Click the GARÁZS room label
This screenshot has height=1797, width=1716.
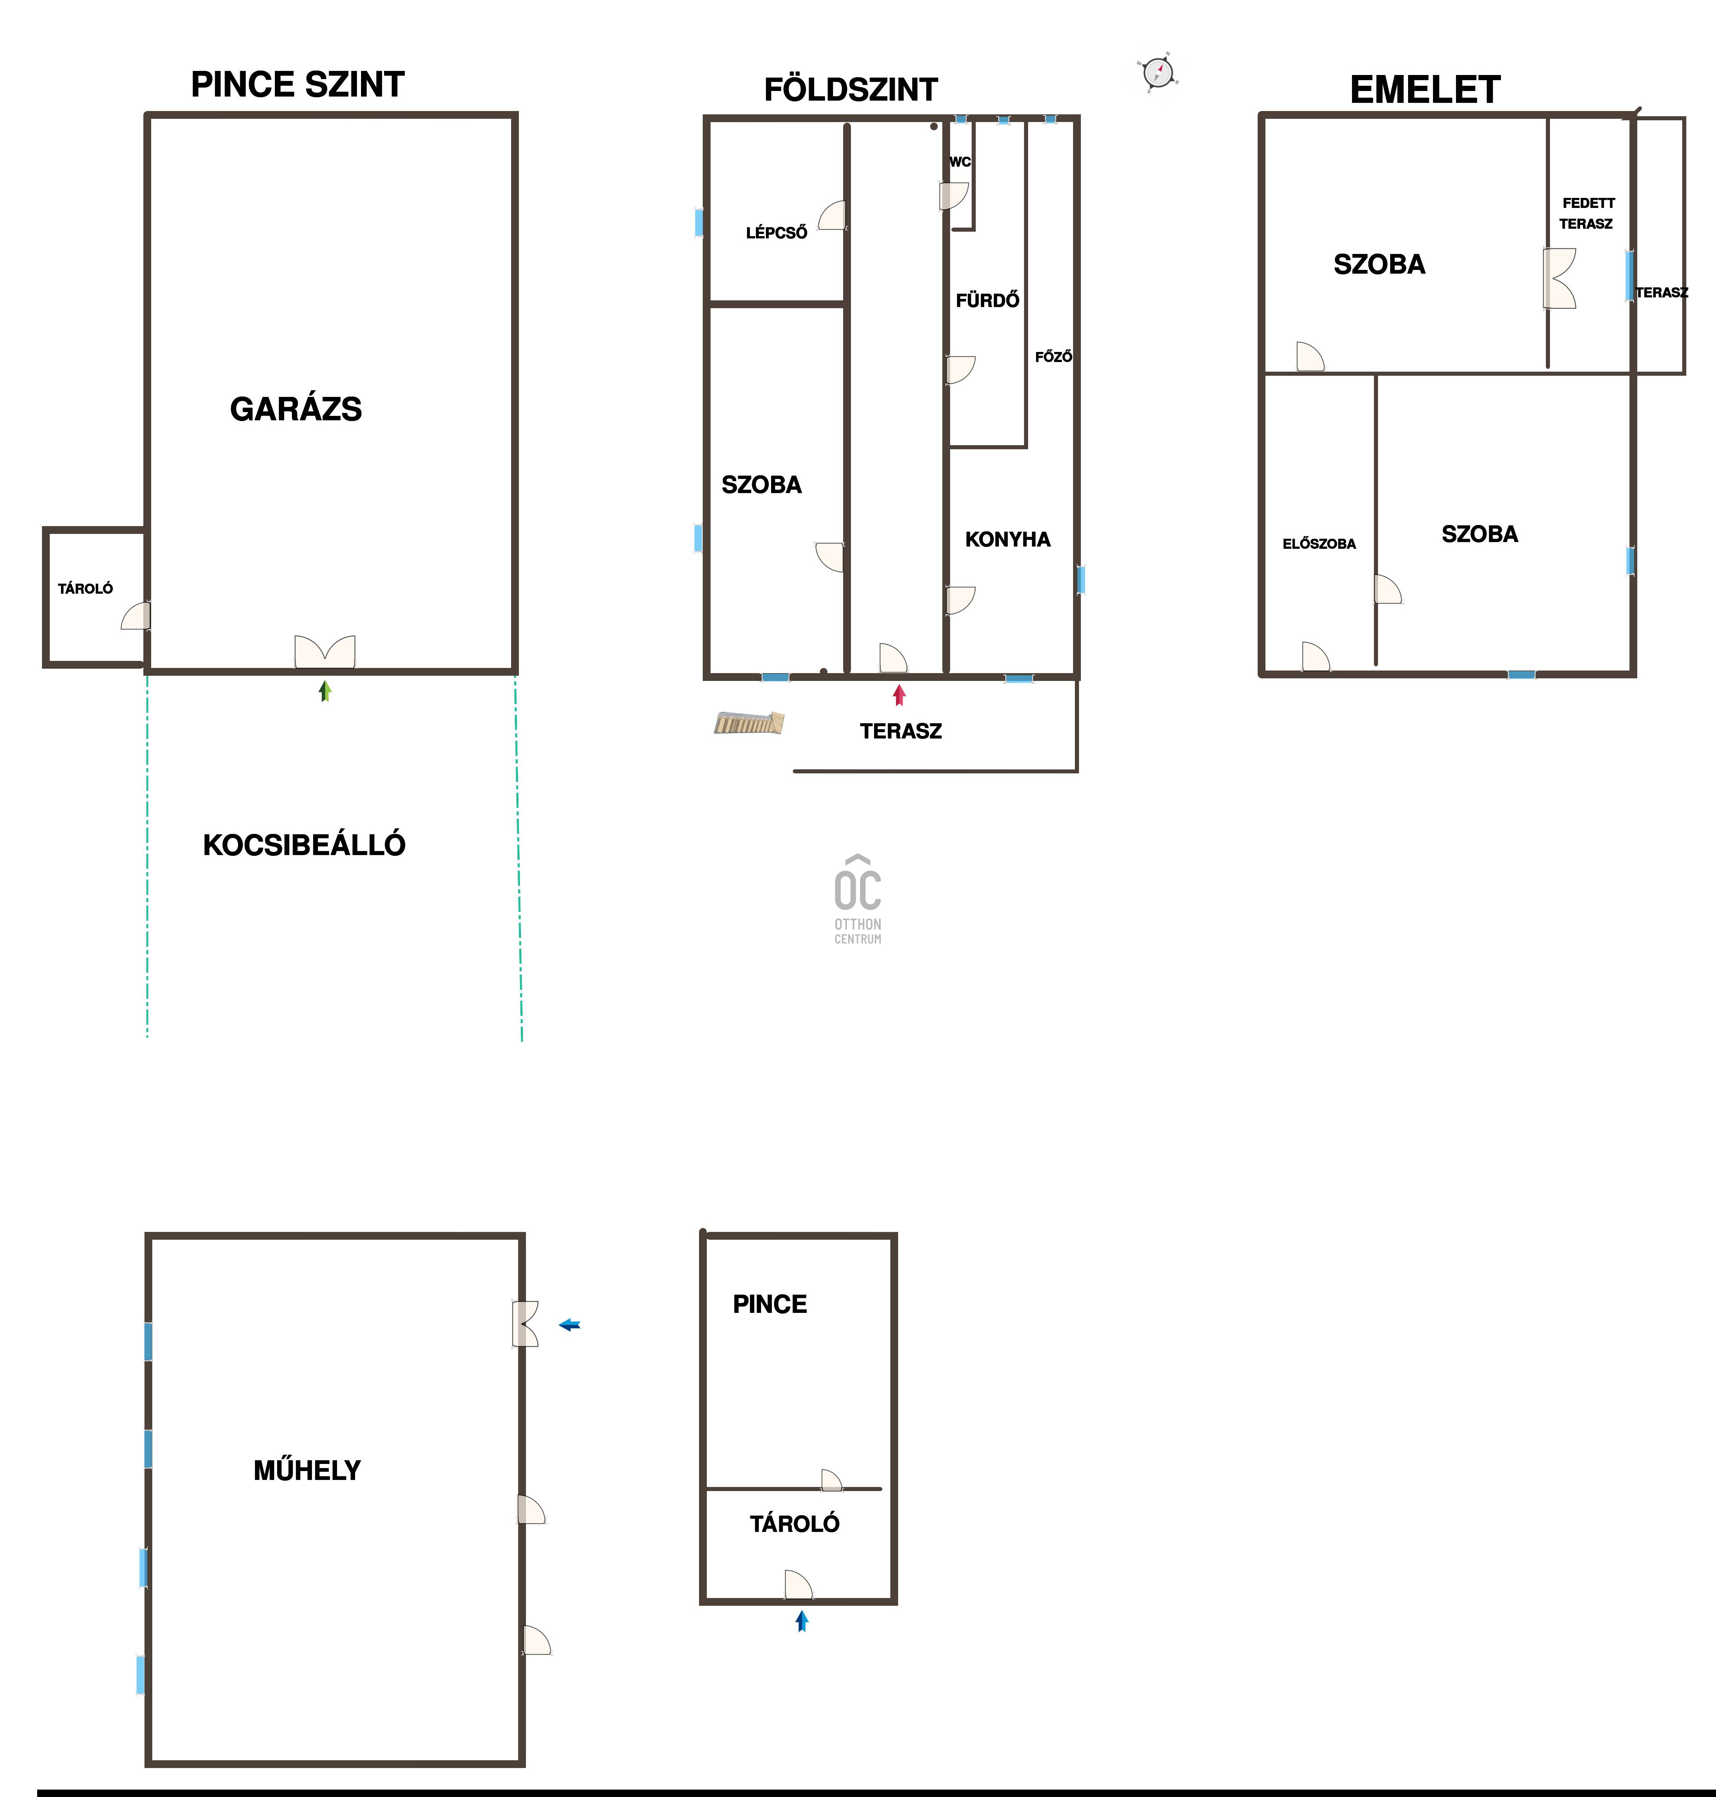coord(295,409)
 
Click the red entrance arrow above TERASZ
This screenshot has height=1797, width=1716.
coord(899,695)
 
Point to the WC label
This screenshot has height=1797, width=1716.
coord(959,162)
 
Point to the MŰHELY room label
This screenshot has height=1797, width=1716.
coord(307,1471)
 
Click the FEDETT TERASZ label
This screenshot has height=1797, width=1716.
coord(1588,213)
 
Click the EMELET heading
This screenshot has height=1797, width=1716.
coord(1425,89)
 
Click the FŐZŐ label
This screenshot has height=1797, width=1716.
coord(1053,357)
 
